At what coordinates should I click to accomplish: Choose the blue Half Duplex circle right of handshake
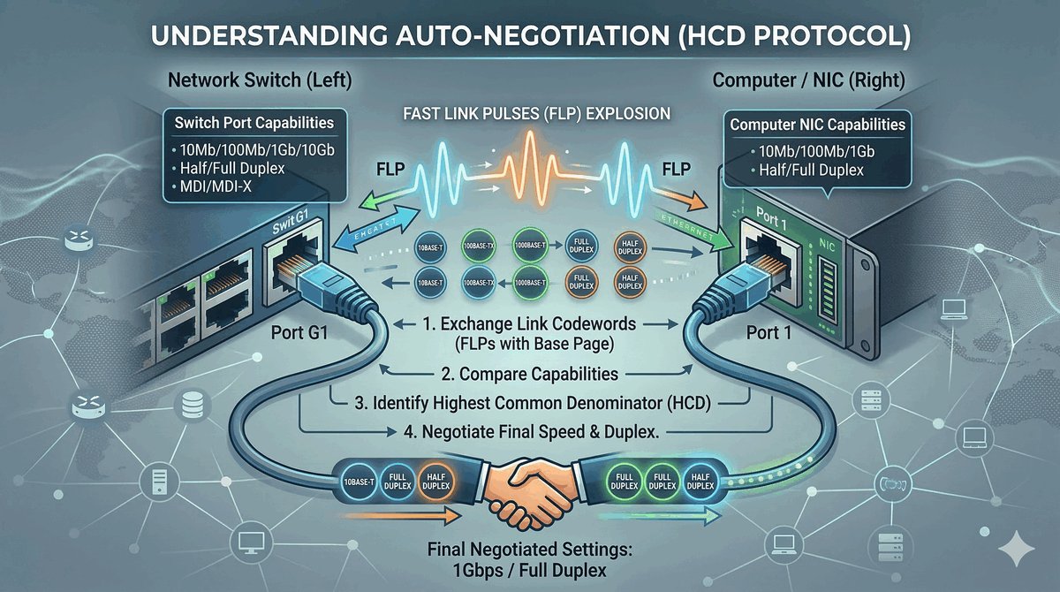[700, 482]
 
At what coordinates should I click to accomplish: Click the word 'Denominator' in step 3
[600, 404]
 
